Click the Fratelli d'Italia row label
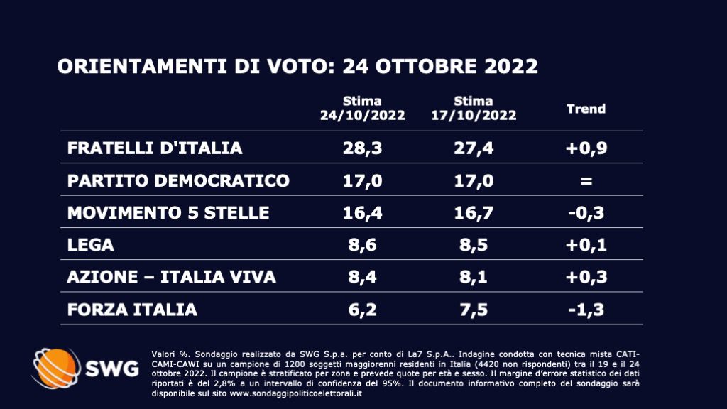155,148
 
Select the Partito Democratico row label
178,180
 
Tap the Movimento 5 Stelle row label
168,212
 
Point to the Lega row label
91,245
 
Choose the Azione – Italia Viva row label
171,277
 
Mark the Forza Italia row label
132,310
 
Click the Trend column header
586,109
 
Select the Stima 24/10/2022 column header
362,109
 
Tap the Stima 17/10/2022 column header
474,109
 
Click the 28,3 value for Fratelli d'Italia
362,148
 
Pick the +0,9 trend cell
586,148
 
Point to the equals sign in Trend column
586,180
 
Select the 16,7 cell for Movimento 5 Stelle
474,212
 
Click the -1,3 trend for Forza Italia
586,310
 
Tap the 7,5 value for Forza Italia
474,310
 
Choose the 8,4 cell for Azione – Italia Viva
362,277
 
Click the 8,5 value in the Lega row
474,245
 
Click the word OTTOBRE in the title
433,67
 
